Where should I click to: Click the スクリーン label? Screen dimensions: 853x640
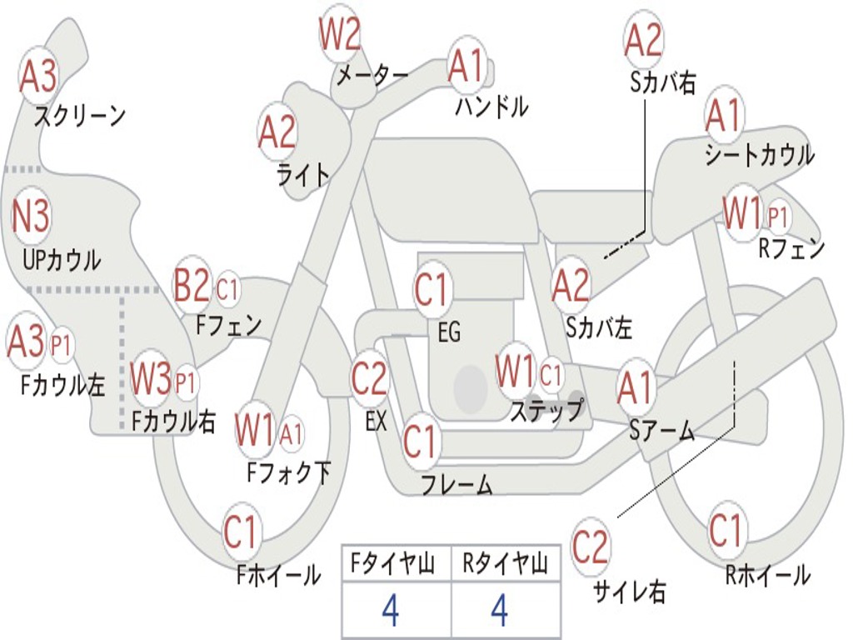click(x=80, y=116)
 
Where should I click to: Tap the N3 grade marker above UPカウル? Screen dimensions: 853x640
click(x=31, y=216)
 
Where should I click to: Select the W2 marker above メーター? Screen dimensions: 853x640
click(x=340, y=33)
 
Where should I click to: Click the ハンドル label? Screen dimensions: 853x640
click(x=491, y=106)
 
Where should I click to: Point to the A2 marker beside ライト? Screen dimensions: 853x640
click(x=277, y=132)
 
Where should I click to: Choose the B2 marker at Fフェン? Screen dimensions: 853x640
click(x=192, y=285)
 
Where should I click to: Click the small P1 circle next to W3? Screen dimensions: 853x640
click(x=186, y=383)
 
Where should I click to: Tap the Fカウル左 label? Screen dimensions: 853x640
click(x=62, y=385)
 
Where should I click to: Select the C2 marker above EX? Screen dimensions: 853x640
click(x=369, y=378)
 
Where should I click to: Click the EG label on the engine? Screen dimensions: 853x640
click(x=449, y=332)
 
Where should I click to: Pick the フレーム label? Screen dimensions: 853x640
click(x=457, y=484)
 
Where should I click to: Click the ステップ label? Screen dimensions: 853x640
click(x=547, y=410)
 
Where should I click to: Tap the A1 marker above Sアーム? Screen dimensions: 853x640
click(x=634, y=388)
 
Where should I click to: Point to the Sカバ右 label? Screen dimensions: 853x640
click(x=662, y=82)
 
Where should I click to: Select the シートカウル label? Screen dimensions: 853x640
click(x=760, y=154)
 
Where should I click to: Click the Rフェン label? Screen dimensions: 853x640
click(x=791, y=248)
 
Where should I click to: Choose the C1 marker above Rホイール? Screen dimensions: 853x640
click(x=726, y=531)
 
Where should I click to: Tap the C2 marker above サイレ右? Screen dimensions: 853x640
click(x=591, y=547)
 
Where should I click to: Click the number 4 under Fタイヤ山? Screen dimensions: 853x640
click(x=391, y=610)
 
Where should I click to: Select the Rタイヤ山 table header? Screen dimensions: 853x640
click(x=506, y=562)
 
